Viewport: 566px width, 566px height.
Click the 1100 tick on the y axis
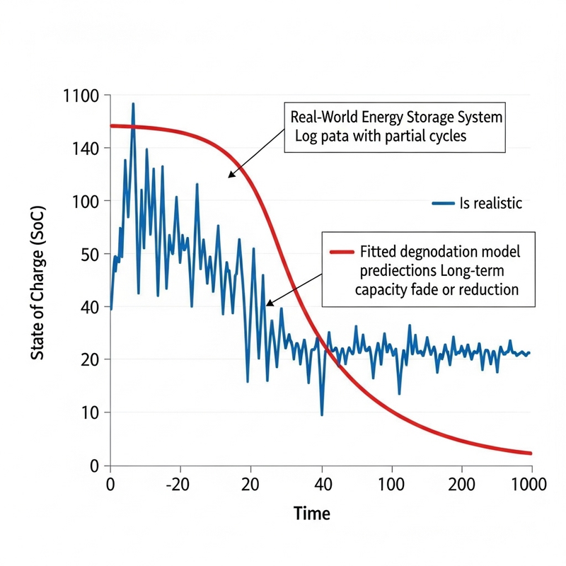pyautogui.click(x=81, y=95)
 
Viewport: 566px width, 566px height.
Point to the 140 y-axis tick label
pyautogui.click(x=86, y=148)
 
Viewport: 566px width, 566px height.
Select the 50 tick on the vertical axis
pyautogui.click(x=91, y=254)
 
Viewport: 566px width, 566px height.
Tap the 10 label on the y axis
pyautogui.click(x=91, y=412)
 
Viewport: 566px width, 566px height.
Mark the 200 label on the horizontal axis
pyautogui.click(x=461, y=486)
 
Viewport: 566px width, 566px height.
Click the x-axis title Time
pyautogui.click(x=311, y=514)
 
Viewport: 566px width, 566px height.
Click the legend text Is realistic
pyautogui.click(x=491, y=204)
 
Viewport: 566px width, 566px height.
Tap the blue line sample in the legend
pyautogui.click(x=443, y=204)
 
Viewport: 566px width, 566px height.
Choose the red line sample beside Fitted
pyautogui.click(x=342, y=251)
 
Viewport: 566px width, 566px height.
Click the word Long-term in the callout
pyautogui.click(x=473, y=271)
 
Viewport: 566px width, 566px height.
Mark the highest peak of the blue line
pyautogui.click(x=132, y=104)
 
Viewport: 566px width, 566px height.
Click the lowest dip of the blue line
pyautogui.click(x=322, y=415)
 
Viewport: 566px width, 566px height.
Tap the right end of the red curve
pyautogui.click(x=530, y=453)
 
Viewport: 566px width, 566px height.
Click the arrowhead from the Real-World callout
pyautogui.click(x=230, y=175)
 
